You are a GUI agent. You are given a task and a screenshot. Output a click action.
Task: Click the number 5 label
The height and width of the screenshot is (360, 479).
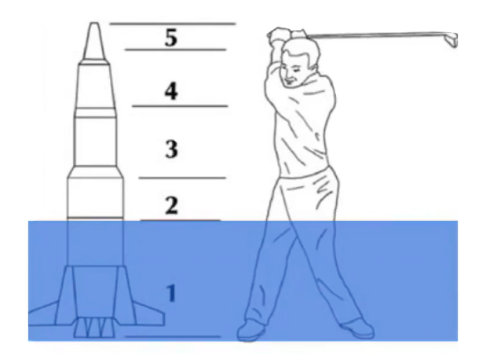coord(171,38)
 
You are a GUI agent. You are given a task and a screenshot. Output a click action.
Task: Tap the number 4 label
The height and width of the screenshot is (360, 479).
coord(171,91)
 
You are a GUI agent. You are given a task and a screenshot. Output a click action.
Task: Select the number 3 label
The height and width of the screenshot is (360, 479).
coord(171,149)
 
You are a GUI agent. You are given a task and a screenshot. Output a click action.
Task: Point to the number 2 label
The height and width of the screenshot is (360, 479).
coord(171,205)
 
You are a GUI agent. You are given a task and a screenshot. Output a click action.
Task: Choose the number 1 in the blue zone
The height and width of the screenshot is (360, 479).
coord(171,293)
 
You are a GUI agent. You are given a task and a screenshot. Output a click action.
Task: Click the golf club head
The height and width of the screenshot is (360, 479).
coord(452,39)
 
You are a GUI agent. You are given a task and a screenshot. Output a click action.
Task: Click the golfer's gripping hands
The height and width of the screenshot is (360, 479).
coord(287,36)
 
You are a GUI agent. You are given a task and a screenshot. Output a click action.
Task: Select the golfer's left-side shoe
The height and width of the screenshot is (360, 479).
coord(250,330)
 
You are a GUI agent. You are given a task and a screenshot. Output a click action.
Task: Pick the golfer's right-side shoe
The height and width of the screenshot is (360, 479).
coord(358,329)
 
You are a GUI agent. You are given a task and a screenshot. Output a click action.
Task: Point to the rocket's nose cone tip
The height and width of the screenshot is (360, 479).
coord(94,24)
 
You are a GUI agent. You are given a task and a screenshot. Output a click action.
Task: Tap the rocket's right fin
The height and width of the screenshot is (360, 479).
coord(149,315)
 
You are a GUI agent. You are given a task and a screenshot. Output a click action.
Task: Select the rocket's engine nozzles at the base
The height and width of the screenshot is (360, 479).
coord(94,328)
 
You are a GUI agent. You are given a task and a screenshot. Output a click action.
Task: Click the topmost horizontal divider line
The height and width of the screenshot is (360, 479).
coord(173,24)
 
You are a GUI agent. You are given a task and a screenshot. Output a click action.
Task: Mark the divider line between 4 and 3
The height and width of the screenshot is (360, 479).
coord(180,106)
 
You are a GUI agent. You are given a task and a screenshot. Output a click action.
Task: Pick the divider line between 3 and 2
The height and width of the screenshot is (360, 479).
coord(182,178)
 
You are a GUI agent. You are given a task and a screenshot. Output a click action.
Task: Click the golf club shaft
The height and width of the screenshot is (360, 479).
coord(376,35)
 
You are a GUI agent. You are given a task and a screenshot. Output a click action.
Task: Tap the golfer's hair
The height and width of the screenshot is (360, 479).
coord(302,51)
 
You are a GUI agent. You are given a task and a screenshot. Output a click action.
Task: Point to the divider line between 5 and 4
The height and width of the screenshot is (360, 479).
coord(176,50)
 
